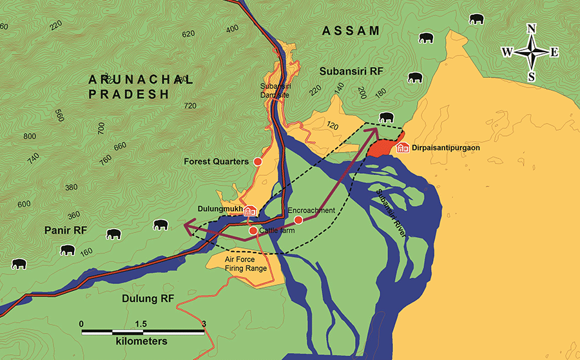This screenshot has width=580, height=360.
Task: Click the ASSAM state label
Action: [x=351, y=30]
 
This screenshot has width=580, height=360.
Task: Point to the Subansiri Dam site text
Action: [x=275, y=90]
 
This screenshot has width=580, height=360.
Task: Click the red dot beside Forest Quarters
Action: [x=258, y=161]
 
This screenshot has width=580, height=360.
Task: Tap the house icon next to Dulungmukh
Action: [x=250, y=211]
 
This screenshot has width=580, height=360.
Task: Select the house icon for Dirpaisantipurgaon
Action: [x=403, y=148]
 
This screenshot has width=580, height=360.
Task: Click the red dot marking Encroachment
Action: [x=298, y=220]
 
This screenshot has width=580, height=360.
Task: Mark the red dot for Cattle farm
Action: [x=253, y=230]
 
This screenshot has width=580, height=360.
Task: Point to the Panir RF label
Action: [x=66, y=230]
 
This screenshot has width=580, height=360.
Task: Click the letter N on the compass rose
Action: [x=532, y=28]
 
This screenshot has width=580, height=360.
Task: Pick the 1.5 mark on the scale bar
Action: [x=141, y=323]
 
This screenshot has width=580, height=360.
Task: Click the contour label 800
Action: [x=30, y=137]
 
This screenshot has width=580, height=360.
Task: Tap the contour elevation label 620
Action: [x=188, y=34]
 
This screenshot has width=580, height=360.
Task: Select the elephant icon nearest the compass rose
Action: [x=476, y=19]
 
